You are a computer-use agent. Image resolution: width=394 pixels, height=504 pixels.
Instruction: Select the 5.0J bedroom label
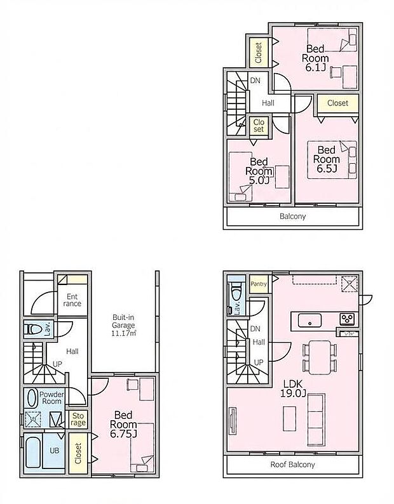coord(261,171)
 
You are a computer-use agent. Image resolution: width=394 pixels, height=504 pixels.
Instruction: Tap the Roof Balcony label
coord(292,465)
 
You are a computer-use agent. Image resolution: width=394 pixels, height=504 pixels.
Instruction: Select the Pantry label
coord(259,284)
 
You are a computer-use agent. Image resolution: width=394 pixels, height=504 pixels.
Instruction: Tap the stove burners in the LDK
coord(348,319)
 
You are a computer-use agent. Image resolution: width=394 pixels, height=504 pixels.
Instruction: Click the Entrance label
coord(72,300)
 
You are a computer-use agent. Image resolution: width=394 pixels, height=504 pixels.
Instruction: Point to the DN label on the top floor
coord(255,81)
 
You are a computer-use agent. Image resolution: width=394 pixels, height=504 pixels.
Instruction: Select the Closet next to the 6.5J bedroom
coord(337,103)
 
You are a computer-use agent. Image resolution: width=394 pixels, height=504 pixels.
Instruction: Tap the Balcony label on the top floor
coord(292,216)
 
